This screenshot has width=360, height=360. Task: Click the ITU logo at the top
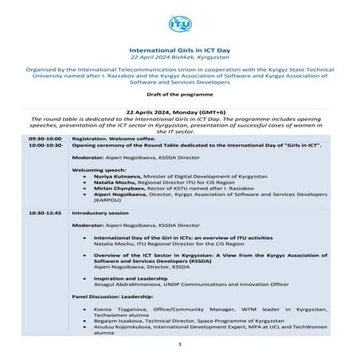pos(180,25)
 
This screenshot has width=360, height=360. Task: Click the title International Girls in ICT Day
pos(180,49)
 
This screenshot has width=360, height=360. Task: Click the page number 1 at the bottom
pos(180,343)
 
